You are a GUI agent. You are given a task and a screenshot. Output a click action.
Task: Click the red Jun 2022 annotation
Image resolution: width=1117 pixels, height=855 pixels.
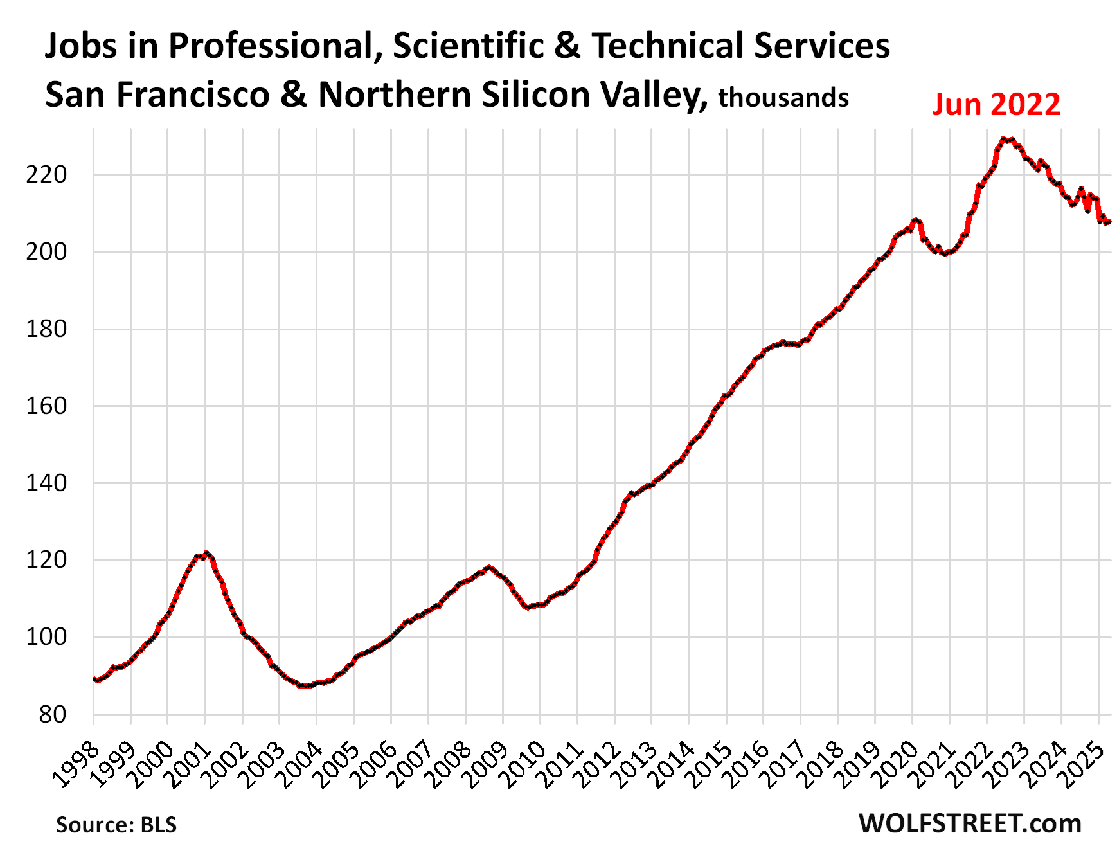pos(996,104)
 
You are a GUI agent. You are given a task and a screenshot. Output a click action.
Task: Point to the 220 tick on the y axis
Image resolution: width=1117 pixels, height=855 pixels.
pos(46,175)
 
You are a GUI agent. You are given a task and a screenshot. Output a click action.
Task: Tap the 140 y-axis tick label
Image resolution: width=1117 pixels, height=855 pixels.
pos(46,483)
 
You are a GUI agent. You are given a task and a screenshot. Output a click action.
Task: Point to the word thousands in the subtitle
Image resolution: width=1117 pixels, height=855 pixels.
pos(783,98)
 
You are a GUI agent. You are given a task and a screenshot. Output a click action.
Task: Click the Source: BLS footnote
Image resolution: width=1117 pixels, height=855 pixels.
pos(116,825)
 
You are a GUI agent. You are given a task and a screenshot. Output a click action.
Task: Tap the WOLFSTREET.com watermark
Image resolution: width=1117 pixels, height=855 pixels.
pos(970,824)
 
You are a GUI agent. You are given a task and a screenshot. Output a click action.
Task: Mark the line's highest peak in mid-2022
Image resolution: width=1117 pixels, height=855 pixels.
pos(1003,139)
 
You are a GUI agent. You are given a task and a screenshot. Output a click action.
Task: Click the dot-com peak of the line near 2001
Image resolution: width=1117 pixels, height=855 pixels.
pos(206,553)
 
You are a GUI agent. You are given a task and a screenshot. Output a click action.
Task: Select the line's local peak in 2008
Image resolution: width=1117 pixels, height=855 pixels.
pos(489,567)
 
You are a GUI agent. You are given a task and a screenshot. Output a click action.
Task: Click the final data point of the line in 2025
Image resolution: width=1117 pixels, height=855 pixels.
pos(1109,222)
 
